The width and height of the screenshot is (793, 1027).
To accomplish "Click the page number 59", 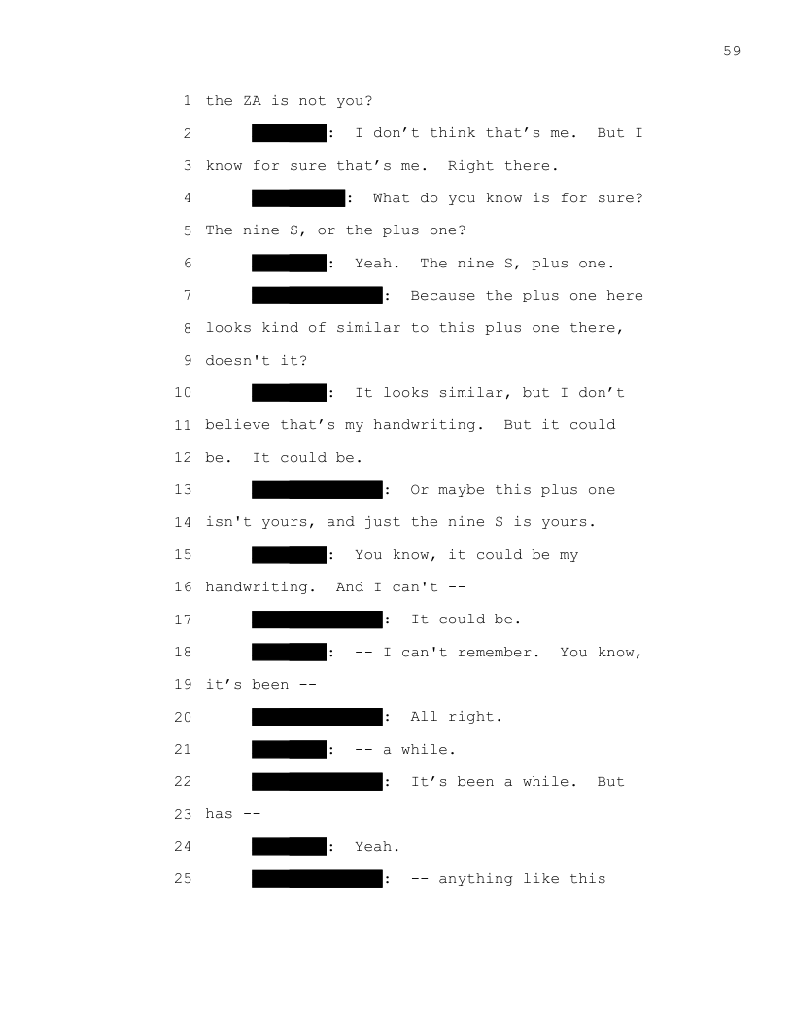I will click(x=732, y=51).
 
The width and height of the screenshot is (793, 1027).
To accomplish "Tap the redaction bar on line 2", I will click(x=289, y=133).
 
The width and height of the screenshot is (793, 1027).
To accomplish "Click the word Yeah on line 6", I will click(x=373, y=264).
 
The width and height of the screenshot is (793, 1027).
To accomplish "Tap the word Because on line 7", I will click(x=443, y=296).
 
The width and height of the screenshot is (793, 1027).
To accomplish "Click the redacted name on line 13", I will click(x=317, y=490).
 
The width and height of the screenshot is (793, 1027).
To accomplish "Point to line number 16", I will click(x=183, y=587).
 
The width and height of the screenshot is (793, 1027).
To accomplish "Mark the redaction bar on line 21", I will click(x=289, y=750).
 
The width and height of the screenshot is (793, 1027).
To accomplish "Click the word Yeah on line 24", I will click(x=373, y=847).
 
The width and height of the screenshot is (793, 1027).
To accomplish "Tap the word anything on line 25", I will click(x=475, y=879).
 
